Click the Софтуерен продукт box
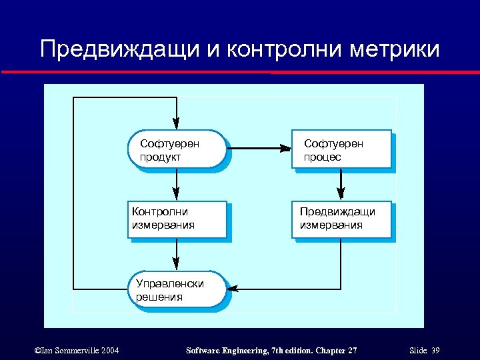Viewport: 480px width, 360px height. [176, 149]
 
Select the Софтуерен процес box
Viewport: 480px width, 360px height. [341, 149]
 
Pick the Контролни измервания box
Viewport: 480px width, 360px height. [176, 219]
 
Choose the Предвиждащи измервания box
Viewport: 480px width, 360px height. [341, 219]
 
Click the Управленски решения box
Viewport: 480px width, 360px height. [176, 289]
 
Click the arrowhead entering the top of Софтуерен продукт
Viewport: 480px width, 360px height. [176, 124]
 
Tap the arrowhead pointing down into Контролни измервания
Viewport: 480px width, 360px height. [176, 195]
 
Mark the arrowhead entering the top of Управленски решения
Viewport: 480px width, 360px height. [176, 265]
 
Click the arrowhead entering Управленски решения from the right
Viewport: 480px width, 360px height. [235, 289]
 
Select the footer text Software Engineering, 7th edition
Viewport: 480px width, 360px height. [239, 351]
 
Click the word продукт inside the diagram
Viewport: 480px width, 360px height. [160, 157]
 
